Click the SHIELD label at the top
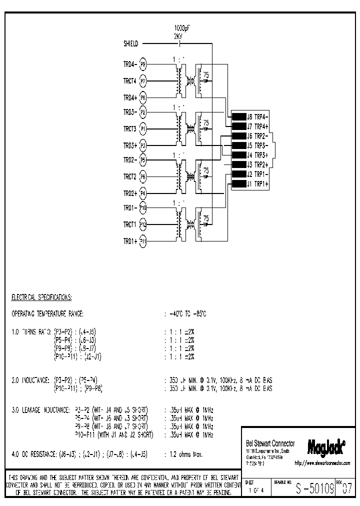pyautogui.click(x=130, y=44)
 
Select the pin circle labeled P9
pyautogui.click(x=143, y=64)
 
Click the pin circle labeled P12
pyautogui.click(x=143, y=224)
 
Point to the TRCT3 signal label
pyautogui.click(x=129, y=129)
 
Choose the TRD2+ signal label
pyautogui.click(x=129, y=193)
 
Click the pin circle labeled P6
pyautogui.click(x=143, y=177)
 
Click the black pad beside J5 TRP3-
pyautogui.click(x=238, y=145)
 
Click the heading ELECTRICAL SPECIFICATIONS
pyautogui.click(x=41, y=297)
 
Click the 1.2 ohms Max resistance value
pyautogui.click(x=185, y=454)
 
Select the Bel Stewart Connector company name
pyautogui.click(x=270, y=443)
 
